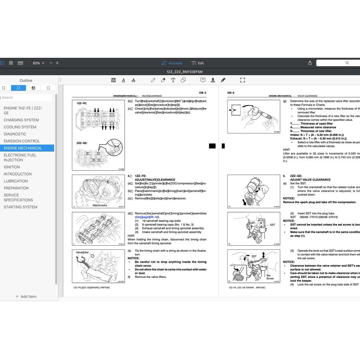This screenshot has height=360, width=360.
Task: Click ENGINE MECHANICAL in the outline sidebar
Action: (x=23, y=148)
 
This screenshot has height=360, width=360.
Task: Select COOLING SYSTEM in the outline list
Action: (x=20, y=127)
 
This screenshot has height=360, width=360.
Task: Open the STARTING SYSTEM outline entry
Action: (x=21, y=207)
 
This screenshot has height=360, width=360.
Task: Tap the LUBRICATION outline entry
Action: (x=16, y=181)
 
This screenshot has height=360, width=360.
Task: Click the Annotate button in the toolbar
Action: (x=172, y=63)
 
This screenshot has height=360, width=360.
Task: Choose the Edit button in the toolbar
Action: (x=198, y=63)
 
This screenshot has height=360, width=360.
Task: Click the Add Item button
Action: (x=26, y=297)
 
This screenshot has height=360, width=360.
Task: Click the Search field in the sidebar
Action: (x=27, y=97)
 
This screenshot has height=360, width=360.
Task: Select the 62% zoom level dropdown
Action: (x=38, y=63)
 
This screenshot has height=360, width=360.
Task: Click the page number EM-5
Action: (x=202, y=93)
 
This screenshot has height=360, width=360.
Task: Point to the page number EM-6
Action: (x=231, y=93)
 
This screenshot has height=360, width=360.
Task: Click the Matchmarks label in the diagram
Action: (x=100, y=205)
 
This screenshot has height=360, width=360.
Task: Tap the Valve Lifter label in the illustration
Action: (x=82, y=252)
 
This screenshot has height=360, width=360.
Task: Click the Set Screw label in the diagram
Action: (x=270, y=277)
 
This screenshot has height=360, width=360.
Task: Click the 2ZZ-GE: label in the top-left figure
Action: (x=82, y=143)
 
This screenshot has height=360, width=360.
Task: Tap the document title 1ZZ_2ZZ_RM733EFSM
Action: (x=184, y=71)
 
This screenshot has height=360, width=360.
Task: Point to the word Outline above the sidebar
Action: (x=26, y=81)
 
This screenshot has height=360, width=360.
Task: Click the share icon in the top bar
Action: (x=310, y=63)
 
